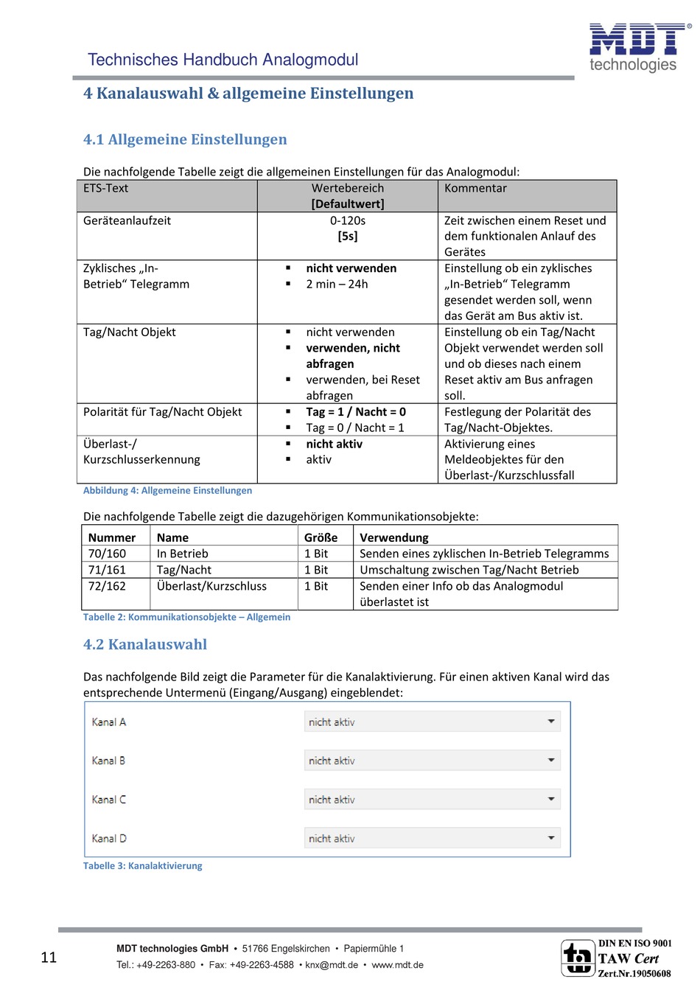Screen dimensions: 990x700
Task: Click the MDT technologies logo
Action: point(639,46)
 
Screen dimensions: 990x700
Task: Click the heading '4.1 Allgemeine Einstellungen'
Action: point(185,139)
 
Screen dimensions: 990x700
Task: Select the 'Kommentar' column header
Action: point(475,189)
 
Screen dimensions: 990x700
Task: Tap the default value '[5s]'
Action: point(348,237)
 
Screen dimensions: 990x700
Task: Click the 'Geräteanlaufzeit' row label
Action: point(127,220)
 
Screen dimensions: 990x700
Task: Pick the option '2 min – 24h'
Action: point(337,285)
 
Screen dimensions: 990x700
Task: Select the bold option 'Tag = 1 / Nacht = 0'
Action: point(356,412)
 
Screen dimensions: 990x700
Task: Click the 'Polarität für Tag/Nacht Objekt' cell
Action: point(162,412)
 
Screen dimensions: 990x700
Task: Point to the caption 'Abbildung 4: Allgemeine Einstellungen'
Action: point(167,491)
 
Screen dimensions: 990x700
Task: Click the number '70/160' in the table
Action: point(107,554)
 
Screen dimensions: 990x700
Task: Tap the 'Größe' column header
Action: point(321,538)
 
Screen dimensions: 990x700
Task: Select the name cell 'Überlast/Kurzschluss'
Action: point(211,586)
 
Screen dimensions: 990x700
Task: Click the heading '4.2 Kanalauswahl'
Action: point(145,644)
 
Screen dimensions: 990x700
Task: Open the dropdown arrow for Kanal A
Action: point(551,722)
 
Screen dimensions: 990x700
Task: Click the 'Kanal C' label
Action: point(108,800)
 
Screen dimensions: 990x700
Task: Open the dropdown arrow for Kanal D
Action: point(551,838)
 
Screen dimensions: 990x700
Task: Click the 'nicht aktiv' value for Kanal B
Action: point(332,761)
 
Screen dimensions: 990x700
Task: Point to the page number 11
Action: point(49,958)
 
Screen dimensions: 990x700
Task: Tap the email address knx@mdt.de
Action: point(332,965)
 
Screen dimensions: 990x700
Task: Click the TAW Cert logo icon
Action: point(578,958)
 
